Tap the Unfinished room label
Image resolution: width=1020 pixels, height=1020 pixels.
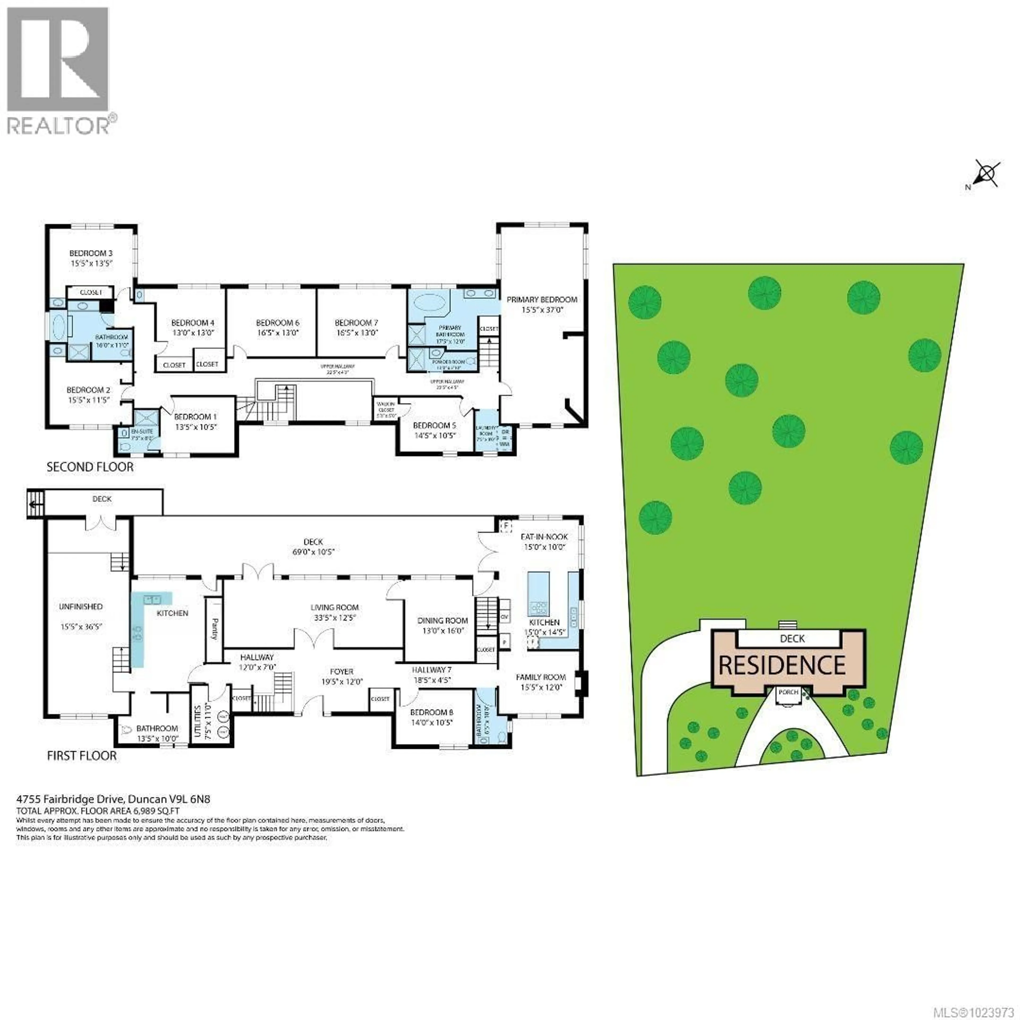click(81, 607)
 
